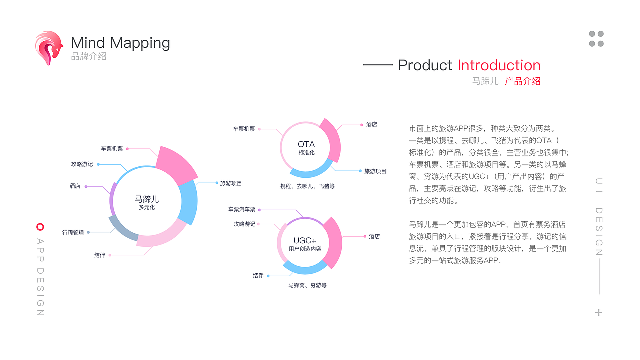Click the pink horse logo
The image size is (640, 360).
[x=49, y=47]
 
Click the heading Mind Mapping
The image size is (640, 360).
[x=120, y=43]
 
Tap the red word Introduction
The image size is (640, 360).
[x=499, y=65]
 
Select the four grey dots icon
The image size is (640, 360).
[x=596, y=39]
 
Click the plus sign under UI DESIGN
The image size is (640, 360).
[x=599, y=312]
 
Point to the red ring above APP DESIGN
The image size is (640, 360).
[x=40, y=227]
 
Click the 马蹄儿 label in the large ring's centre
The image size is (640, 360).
[x=147, y=199]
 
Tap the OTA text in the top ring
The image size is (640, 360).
[x=306, y=145]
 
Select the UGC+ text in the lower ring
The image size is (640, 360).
[x=305, y=241]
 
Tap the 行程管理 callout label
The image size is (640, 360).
[x=73, y=233]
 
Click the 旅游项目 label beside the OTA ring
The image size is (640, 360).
[x=375, y=171]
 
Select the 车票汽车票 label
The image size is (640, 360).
[x=242, y=210]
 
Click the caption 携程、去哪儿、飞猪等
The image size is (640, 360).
[x=307, y=186]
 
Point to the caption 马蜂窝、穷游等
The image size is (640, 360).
[x=307, y=285]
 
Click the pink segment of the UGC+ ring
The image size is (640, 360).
[x=332, y=242]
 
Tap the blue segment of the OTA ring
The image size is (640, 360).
[x=310, y=171]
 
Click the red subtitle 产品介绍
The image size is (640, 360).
[x=522, y=81]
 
